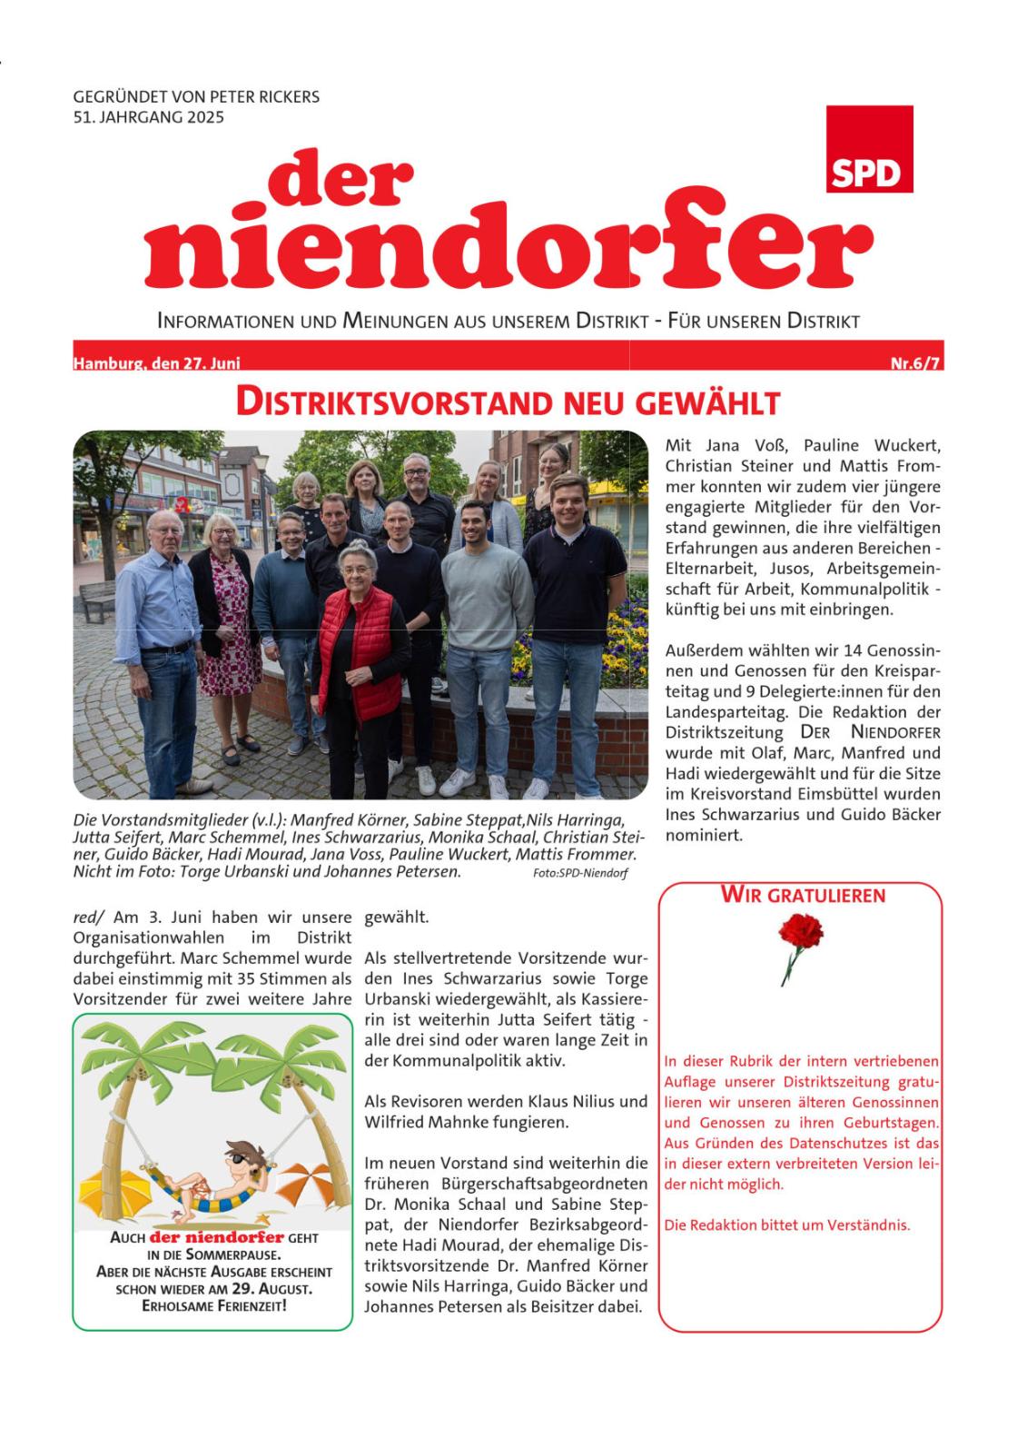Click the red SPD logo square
[x=869, y=149]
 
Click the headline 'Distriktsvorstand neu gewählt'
[x=508, y=402]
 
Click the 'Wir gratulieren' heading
[x=802, y=895]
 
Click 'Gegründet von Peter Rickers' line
[x=196, y=96]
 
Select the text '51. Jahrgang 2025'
[x=148, y=116]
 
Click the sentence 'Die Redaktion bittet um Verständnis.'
[x=786, y=1225]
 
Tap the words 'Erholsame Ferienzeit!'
[x=214, y=1306]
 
